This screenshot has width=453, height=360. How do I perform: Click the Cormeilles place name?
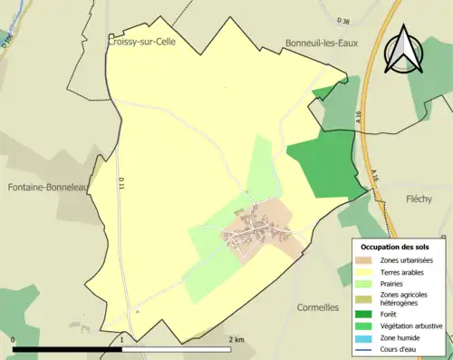[323, 307]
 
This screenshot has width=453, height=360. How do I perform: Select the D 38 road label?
[342, 19]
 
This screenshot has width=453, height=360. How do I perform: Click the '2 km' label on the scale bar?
[236, 340]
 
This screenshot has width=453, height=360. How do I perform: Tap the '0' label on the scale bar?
[13, 340]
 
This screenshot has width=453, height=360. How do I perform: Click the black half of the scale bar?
[68, 349]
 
